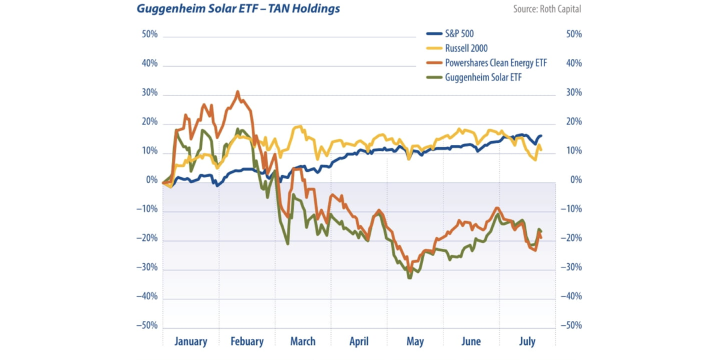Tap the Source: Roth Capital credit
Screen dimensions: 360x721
pyautogui.click(x=547, y=9)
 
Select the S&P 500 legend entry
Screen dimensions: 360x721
pyautogui.click(x=459, y=34)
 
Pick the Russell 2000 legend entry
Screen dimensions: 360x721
pyautogui.click(x=466, y=48)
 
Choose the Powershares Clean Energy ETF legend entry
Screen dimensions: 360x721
pyautogui.click(x=496, y=63)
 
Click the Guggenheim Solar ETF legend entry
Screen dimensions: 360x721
pyautogui.click(x=482, y=77)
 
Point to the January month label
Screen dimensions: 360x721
pyautogui.click(x=190, y=341)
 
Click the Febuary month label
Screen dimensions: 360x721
pyautogui.click(x=247, y=341)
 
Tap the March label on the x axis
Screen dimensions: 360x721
pyautogui.click(x=303, y=341)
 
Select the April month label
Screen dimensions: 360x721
pyautogui.click(x=359, y=341)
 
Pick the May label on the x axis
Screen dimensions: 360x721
pyautogui.click(x=415, y=341)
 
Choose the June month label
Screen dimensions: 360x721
pyautogui.click(x=471, y=341)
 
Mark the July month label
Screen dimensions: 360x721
pyautogui.click(x=527, y=341)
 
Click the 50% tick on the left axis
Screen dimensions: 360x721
pyautogui.click(x=150, y=34)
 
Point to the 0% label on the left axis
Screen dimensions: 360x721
pyautogui.click(x=152, y=180)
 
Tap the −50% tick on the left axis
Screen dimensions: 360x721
pyautogui.click(x=147, y=326)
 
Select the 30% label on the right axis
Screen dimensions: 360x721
pyautogui.click(x=574, y=93)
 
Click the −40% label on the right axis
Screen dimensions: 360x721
pyautogui.click(x=571, y=296)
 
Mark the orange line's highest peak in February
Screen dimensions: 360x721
pyautogui.click(x=238, y=92)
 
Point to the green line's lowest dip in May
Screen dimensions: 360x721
pyautogui.click(x=410, y=278)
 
